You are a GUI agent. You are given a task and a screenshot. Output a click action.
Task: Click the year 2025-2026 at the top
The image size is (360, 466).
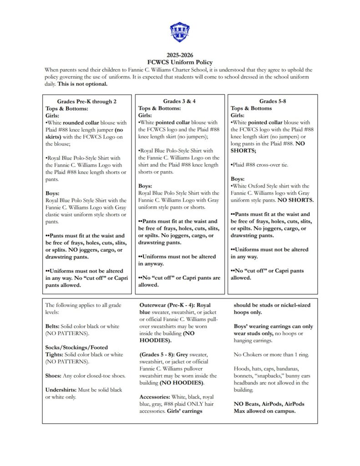(180, 55)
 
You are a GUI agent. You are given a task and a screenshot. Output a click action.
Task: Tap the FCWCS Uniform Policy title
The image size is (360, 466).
(180, 62)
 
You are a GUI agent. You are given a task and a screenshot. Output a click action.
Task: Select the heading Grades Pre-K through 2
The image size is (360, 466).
(87, 101)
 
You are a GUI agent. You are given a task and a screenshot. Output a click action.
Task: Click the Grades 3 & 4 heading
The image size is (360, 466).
(180, 101)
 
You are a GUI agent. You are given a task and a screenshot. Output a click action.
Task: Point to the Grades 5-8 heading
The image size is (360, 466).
(272, 101)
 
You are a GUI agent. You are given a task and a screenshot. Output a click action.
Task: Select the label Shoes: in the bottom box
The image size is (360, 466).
(54, 375)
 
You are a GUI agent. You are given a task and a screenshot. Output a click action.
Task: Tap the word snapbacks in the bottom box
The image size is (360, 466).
(284, 375)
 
